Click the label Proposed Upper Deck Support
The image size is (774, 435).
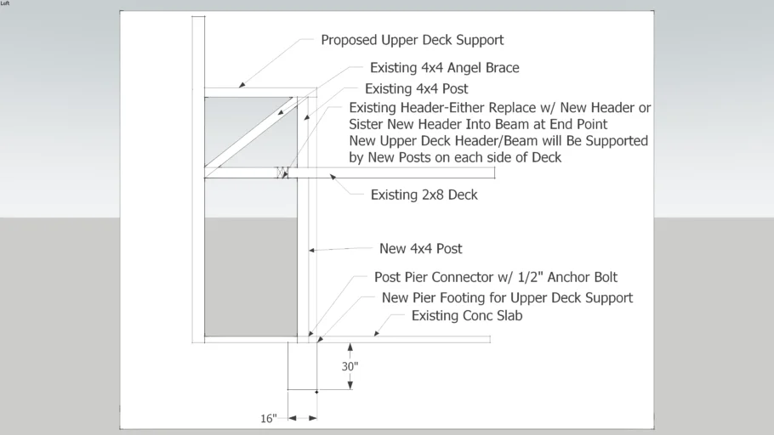click(x=413, y=40)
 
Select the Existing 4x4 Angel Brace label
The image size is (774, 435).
click(x=444, y=68)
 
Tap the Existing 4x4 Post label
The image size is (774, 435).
click(x=416, y=88)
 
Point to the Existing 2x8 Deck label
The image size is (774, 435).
click(x=424, y=195)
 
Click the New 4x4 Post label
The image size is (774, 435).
click(x=420, y=249)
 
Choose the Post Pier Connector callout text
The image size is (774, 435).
click(x=496, y=277)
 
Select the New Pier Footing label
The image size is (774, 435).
click(x=507, y=298)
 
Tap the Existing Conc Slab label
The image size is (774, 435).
click(x=467, y=316)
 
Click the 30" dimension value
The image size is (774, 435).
click(x=350, y=366)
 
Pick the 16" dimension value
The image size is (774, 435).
click(x=269, y=419)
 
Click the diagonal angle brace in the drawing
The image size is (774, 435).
click(x=251, y=137)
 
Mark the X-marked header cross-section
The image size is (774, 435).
click(x=282, y=172)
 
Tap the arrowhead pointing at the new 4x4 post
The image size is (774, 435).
click(x=312, y=251)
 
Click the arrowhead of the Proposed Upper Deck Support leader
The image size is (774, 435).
click(x=242, y=85)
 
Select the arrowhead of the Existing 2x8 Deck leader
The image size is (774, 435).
click(x=333, y=177)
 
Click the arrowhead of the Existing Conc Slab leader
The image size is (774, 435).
click(x=377, y=334)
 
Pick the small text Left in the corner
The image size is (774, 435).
click(x=5, y=3)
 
